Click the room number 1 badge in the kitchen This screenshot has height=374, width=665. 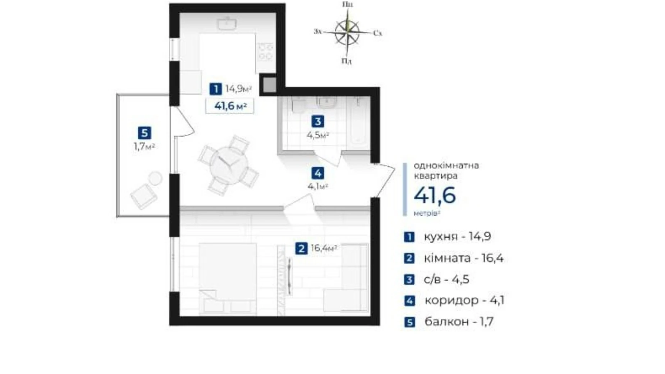[x=215, y=88]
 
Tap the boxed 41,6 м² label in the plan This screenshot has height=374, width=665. [x=230, y=106]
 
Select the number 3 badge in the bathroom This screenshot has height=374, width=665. [x=317, y=122]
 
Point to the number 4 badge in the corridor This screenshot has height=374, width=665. [x=318, y=173]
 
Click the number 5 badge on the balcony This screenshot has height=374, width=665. [x=145, y=133]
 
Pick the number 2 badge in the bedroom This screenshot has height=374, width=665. [x=301, y=248]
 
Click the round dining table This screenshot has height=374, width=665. [x=229, y=166]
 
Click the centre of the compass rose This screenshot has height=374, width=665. [x=347, y=32]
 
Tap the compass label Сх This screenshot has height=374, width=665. [x=377, y=33]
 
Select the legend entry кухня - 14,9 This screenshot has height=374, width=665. [x=457, y=237]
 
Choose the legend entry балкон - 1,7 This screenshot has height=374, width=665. [x=459, y=321]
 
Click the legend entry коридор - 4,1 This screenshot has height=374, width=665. [x=464, y=300]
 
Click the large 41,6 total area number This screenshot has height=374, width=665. [x=435, y=195]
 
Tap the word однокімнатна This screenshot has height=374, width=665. [x=446, y=166]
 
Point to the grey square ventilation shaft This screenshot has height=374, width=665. [x=269, y=85]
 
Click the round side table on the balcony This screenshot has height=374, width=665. [x=155, y=178]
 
